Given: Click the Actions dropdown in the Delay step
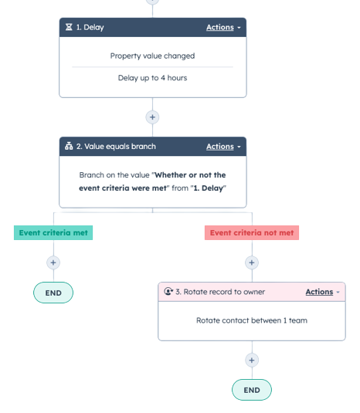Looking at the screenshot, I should (223, 28).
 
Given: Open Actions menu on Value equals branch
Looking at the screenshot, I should (223, 147).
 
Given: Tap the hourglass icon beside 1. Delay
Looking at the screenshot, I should (70, 28).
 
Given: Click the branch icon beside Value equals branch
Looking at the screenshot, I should (70, 147).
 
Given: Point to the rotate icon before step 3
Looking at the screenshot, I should (168, 292).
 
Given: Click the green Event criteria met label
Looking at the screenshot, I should (53, 232).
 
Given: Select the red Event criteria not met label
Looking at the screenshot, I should (251, 232).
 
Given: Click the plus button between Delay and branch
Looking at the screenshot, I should (153, 117).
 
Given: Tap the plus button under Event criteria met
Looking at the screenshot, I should (53, 262).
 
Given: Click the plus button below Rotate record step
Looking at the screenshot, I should (251, 360).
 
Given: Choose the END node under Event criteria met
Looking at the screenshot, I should (53, 293).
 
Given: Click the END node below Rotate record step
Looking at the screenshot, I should (251, 390).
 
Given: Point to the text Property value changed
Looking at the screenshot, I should (152, 56).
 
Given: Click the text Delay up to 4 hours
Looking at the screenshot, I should (152, 78).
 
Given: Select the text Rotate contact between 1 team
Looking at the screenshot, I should (251, 320).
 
